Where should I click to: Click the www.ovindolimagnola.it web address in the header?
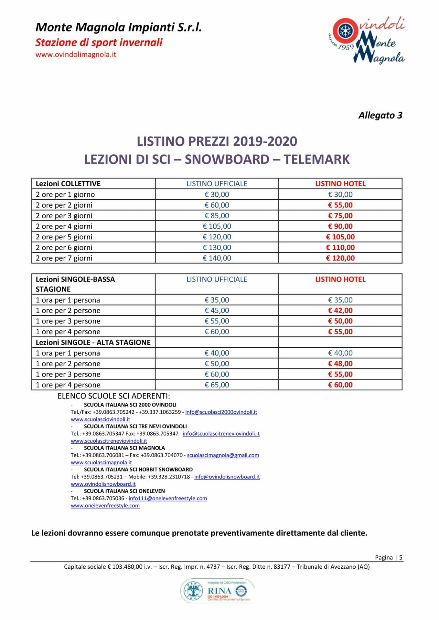coord(76,54)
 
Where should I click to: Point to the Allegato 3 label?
coord(380,115)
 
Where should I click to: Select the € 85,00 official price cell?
coord(217,216)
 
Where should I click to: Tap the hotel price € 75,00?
coord(340,216)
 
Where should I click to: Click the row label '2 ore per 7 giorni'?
coord(64,258)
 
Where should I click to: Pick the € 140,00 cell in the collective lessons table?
coord(217,258)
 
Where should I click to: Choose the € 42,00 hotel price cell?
coord(340,310)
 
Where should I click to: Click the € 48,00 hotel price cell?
coord(340,364)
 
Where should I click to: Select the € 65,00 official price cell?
coord(217,385)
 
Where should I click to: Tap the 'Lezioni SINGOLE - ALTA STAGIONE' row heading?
coord(93,342)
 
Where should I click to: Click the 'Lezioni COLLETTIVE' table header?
coord(68,184)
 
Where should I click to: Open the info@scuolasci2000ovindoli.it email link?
coord(221,412)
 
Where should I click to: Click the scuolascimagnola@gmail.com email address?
coord(223,455)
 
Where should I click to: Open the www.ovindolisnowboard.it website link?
coord(103,484)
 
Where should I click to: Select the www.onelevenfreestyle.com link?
coord(105,506)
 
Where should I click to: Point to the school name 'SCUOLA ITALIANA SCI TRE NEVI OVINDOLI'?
coord(135,426)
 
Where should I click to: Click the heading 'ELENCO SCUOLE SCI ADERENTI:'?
coord(114,396)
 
